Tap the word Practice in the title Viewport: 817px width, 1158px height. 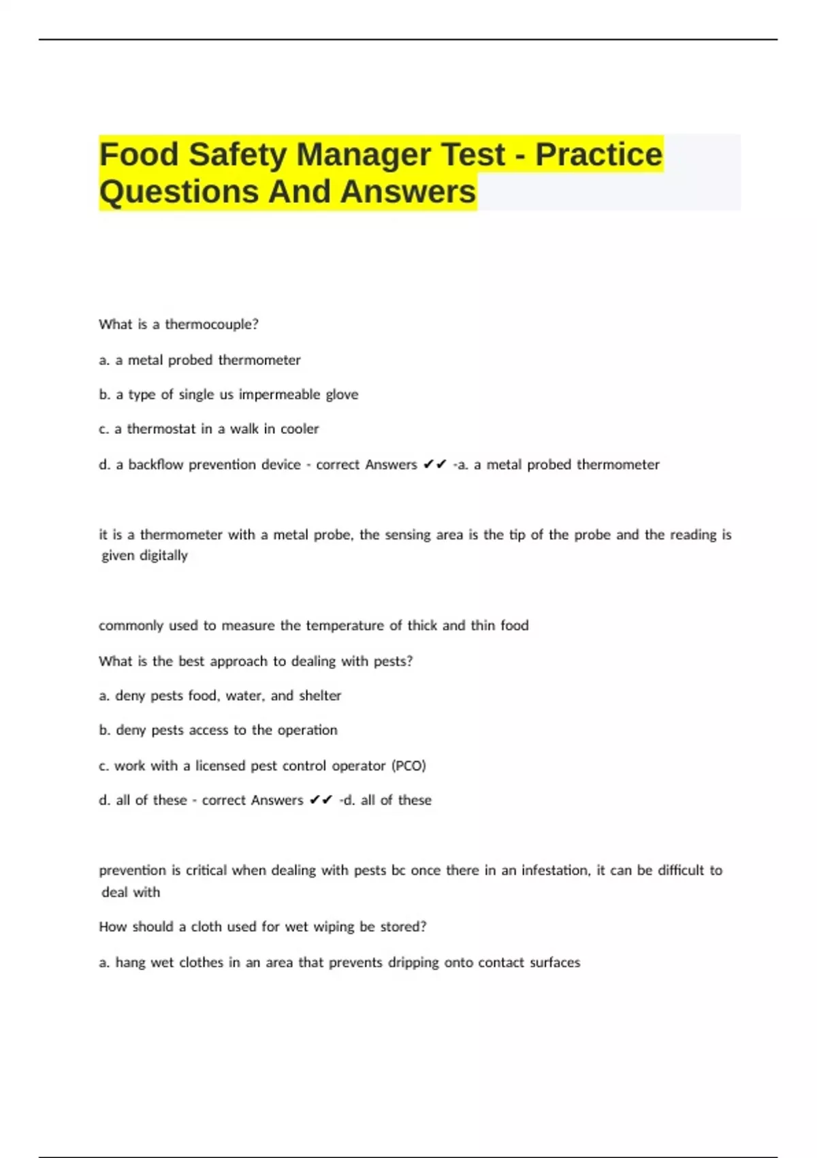[598, 155]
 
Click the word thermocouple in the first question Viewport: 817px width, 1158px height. [211, 324]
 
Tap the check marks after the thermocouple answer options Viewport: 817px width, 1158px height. [434, 465]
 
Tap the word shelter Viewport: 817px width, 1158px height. [320, 695]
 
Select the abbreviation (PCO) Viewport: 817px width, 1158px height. [408, 766]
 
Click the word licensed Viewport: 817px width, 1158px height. [221, 766]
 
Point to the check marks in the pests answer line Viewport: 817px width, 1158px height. [321, 800]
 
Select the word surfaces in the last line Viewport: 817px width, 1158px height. [555, 963]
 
